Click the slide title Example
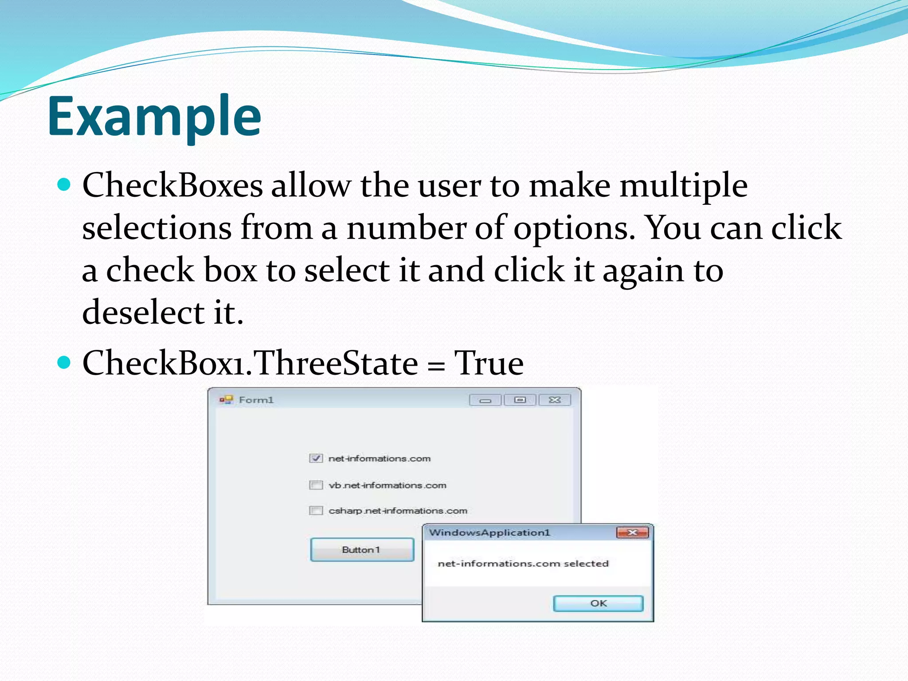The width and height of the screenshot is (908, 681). coord(154,116)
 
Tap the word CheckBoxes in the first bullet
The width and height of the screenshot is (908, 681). coord(172,185)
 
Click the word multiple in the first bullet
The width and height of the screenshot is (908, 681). coord(683,185)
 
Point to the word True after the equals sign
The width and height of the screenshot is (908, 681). coord(489,363)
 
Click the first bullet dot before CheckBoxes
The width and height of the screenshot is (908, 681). coord(64,184)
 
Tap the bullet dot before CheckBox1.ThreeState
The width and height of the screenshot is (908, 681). coord(64,362)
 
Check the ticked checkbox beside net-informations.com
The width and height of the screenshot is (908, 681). coord(316,458)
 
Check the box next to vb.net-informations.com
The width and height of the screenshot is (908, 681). coord(316,485)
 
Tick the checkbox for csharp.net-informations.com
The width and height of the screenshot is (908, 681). coord(316,511)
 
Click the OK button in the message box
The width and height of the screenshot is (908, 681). coord(598,603)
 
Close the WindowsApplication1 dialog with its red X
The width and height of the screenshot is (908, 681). coord(632,532)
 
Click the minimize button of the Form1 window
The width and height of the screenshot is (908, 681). coord(485,400)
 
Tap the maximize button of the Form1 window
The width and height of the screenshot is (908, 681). coord(520,400)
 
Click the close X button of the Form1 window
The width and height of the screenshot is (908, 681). coord(555,400)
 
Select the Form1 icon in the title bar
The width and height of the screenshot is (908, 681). coord(226,400)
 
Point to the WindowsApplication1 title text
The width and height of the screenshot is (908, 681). coord(489,532)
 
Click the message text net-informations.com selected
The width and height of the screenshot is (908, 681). coord(523,564)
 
